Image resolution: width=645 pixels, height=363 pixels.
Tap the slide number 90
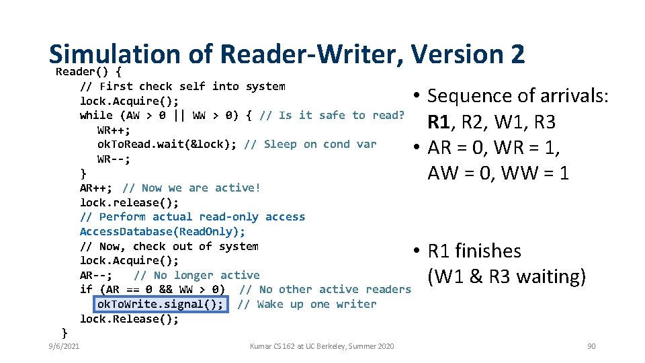[591, 346]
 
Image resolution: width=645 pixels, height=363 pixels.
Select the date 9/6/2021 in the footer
[63, 346]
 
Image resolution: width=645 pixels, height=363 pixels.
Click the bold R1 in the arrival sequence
[439, 122]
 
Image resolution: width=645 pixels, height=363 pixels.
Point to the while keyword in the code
[96, 116]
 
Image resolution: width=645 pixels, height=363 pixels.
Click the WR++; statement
[114, 130]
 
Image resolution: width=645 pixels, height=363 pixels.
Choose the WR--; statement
[114, 159]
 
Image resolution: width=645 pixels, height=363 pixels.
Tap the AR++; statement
[97, 188]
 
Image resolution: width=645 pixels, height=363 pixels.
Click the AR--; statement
[97, 276]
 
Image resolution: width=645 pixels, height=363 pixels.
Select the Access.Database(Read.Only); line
[163, 231]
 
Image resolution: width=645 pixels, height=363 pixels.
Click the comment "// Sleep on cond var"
[310, 145]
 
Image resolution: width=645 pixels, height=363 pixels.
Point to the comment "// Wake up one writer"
[307, 305]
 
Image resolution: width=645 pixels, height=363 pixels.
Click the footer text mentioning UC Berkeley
[322, 346]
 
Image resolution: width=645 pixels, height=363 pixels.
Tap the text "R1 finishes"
[474, 251]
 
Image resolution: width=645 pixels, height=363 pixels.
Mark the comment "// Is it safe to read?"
[332, 116]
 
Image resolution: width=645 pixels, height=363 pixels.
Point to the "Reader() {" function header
[89, 71]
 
